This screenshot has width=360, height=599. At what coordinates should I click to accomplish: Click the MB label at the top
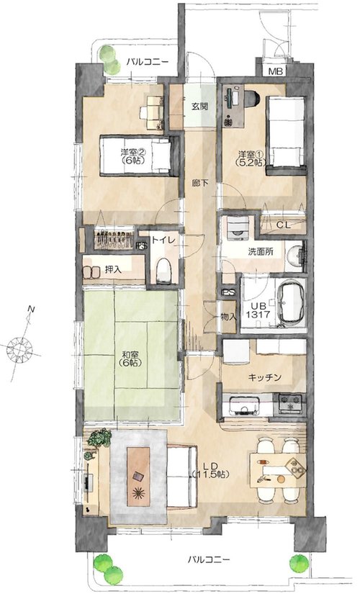click(x=275, y=71)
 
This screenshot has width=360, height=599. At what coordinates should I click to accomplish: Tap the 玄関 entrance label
click(x=199, y=107)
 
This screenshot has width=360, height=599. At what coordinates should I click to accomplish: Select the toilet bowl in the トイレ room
click(x=163, y=271)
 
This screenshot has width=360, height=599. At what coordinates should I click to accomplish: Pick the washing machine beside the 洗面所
click(x=238, y=230)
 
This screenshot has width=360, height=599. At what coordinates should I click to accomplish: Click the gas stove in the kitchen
click(x=289, y=403)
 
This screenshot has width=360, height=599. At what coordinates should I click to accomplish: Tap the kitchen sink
click(x=245, y=405)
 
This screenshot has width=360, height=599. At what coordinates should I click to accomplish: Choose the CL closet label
click(x=283, y=225)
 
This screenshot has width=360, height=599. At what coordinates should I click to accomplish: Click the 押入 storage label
click(x=114, y=270)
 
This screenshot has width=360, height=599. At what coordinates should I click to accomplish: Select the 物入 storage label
click(x=229, y=317)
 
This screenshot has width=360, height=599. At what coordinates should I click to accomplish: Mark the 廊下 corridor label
click(x=200, y=183)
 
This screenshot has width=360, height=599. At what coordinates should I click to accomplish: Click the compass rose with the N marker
click(x=20, y=348)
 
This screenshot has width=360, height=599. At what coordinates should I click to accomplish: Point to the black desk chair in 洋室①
click(x=252, y=97)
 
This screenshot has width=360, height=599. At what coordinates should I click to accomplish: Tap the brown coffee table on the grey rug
click(x=138, y=477)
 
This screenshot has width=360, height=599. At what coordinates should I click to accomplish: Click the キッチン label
click(x=265, y=378)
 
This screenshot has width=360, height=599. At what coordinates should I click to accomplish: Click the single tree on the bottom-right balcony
click(x=299, y=563)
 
